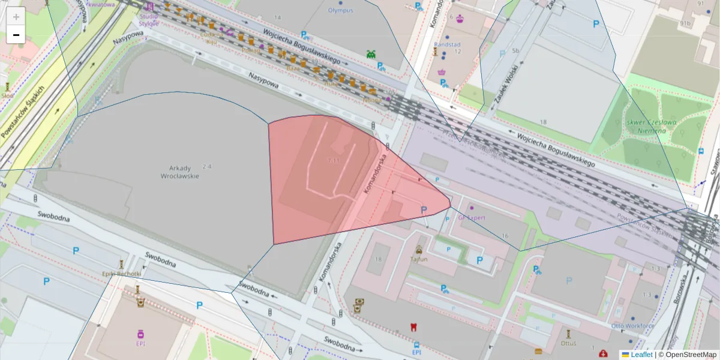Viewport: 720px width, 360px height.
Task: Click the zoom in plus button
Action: [x=16, y=17]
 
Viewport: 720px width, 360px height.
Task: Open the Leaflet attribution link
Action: [x=641, y=355]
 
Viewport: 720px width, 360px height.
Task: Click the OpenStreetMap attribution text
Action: [x=691, y=355]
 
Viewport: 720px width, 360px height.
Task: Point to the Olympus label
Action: [x=340, y=10]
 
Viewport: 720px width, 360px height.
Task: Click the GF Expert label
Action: [x=472, y=218]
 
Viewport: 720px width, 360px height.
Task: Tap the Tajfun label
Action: [x=419, y=259]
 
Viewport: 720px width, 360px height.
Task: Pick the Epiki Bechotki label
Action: [x=121, y=274]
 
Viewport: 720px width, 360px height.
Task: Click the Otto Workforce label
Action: [x=632, y=326]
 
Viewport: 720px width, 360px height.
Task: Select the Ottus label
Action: [x=568, y=343]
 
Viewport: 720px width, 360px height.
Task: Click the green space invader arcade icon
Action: [x=371, y=55]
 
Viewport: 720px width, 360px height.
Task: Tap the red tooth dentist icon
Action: [x=412, y=327]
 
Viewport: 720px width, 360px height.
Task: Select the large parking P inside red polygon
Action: [x=424, y=210]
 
